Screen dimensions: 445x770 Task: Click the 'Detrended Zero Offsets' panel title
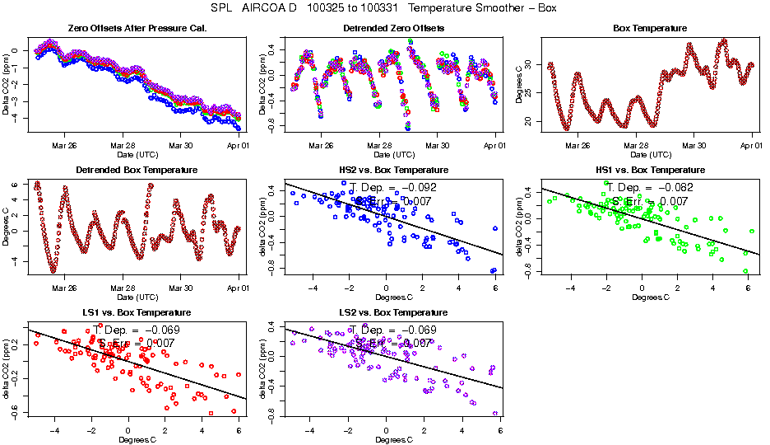393,28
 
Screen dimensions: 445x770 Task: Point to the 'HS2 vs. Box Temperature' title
393,170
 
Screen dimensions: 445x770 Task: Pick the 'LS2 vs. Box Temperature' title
393,313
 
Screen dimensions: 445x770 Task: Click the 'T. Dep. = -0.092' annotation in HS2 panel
393,187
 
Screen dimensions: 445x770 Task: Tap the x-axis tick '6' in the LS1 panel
239,430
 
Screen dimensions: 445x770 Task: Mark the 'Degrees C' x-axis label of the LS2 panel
393,439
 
